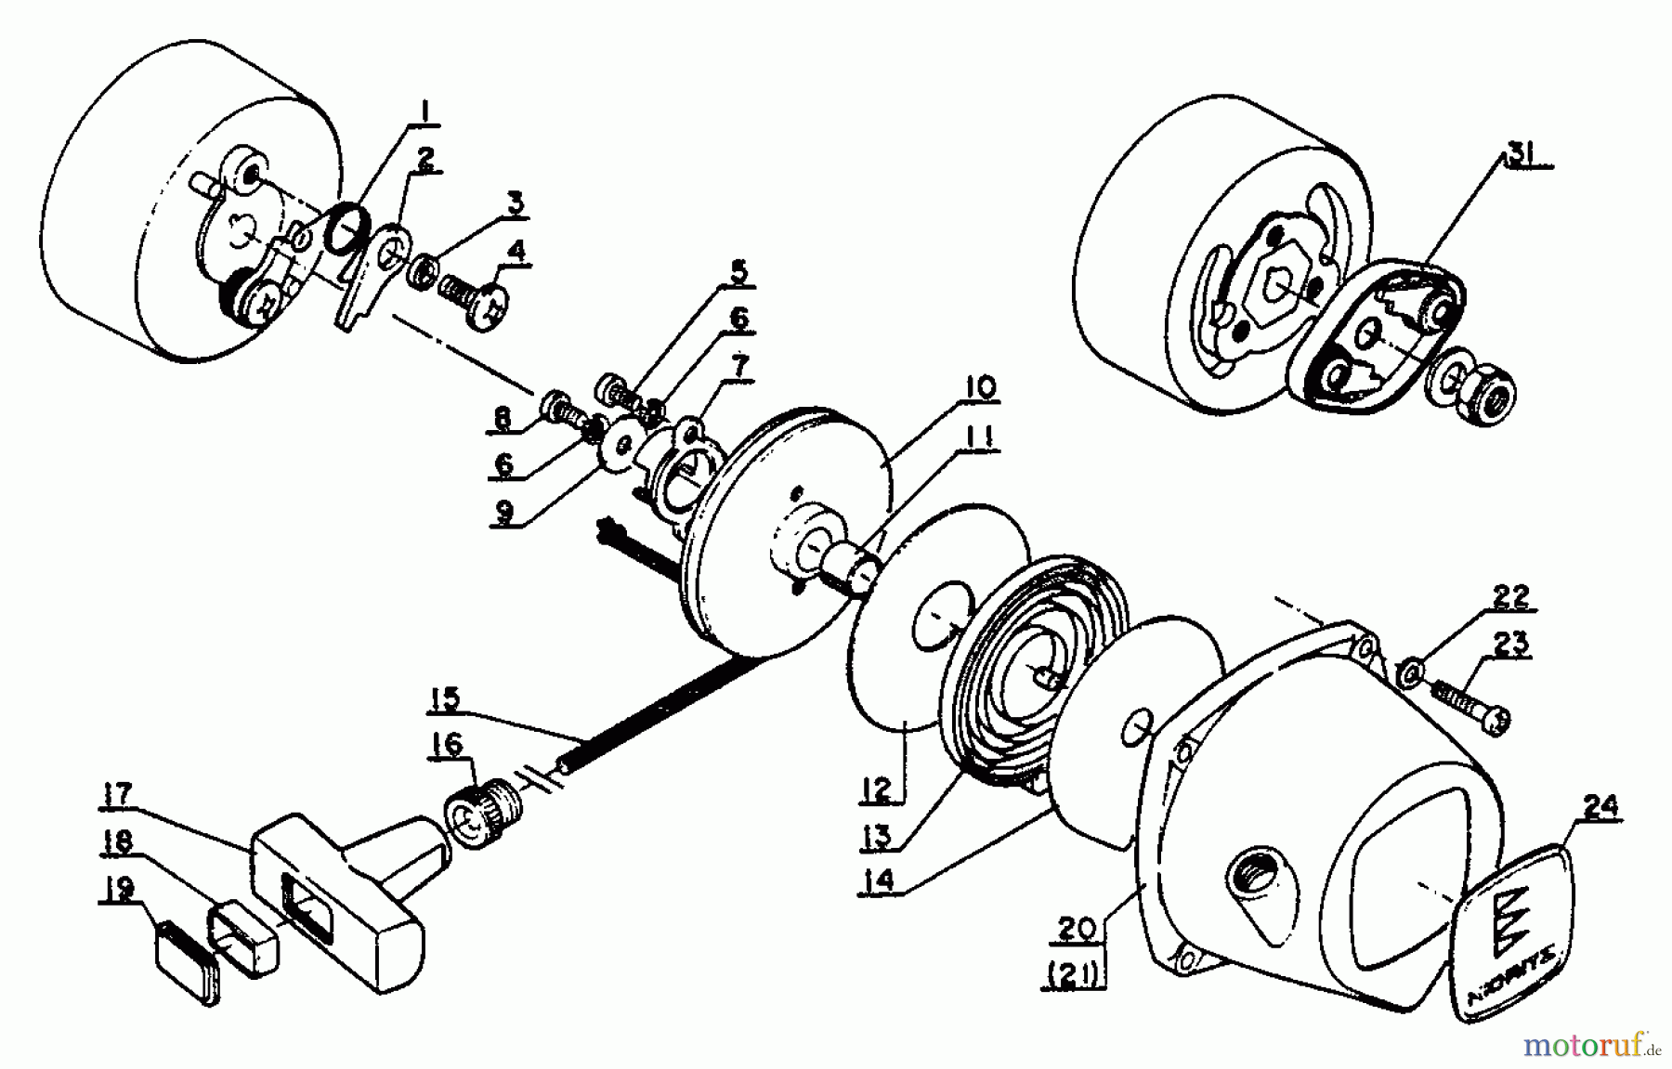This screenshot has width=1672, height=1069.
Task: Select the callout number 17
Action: [x=118, y=796]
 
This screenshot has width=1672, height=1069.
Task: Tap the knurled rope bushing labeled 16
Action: [x=484, y=811]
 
